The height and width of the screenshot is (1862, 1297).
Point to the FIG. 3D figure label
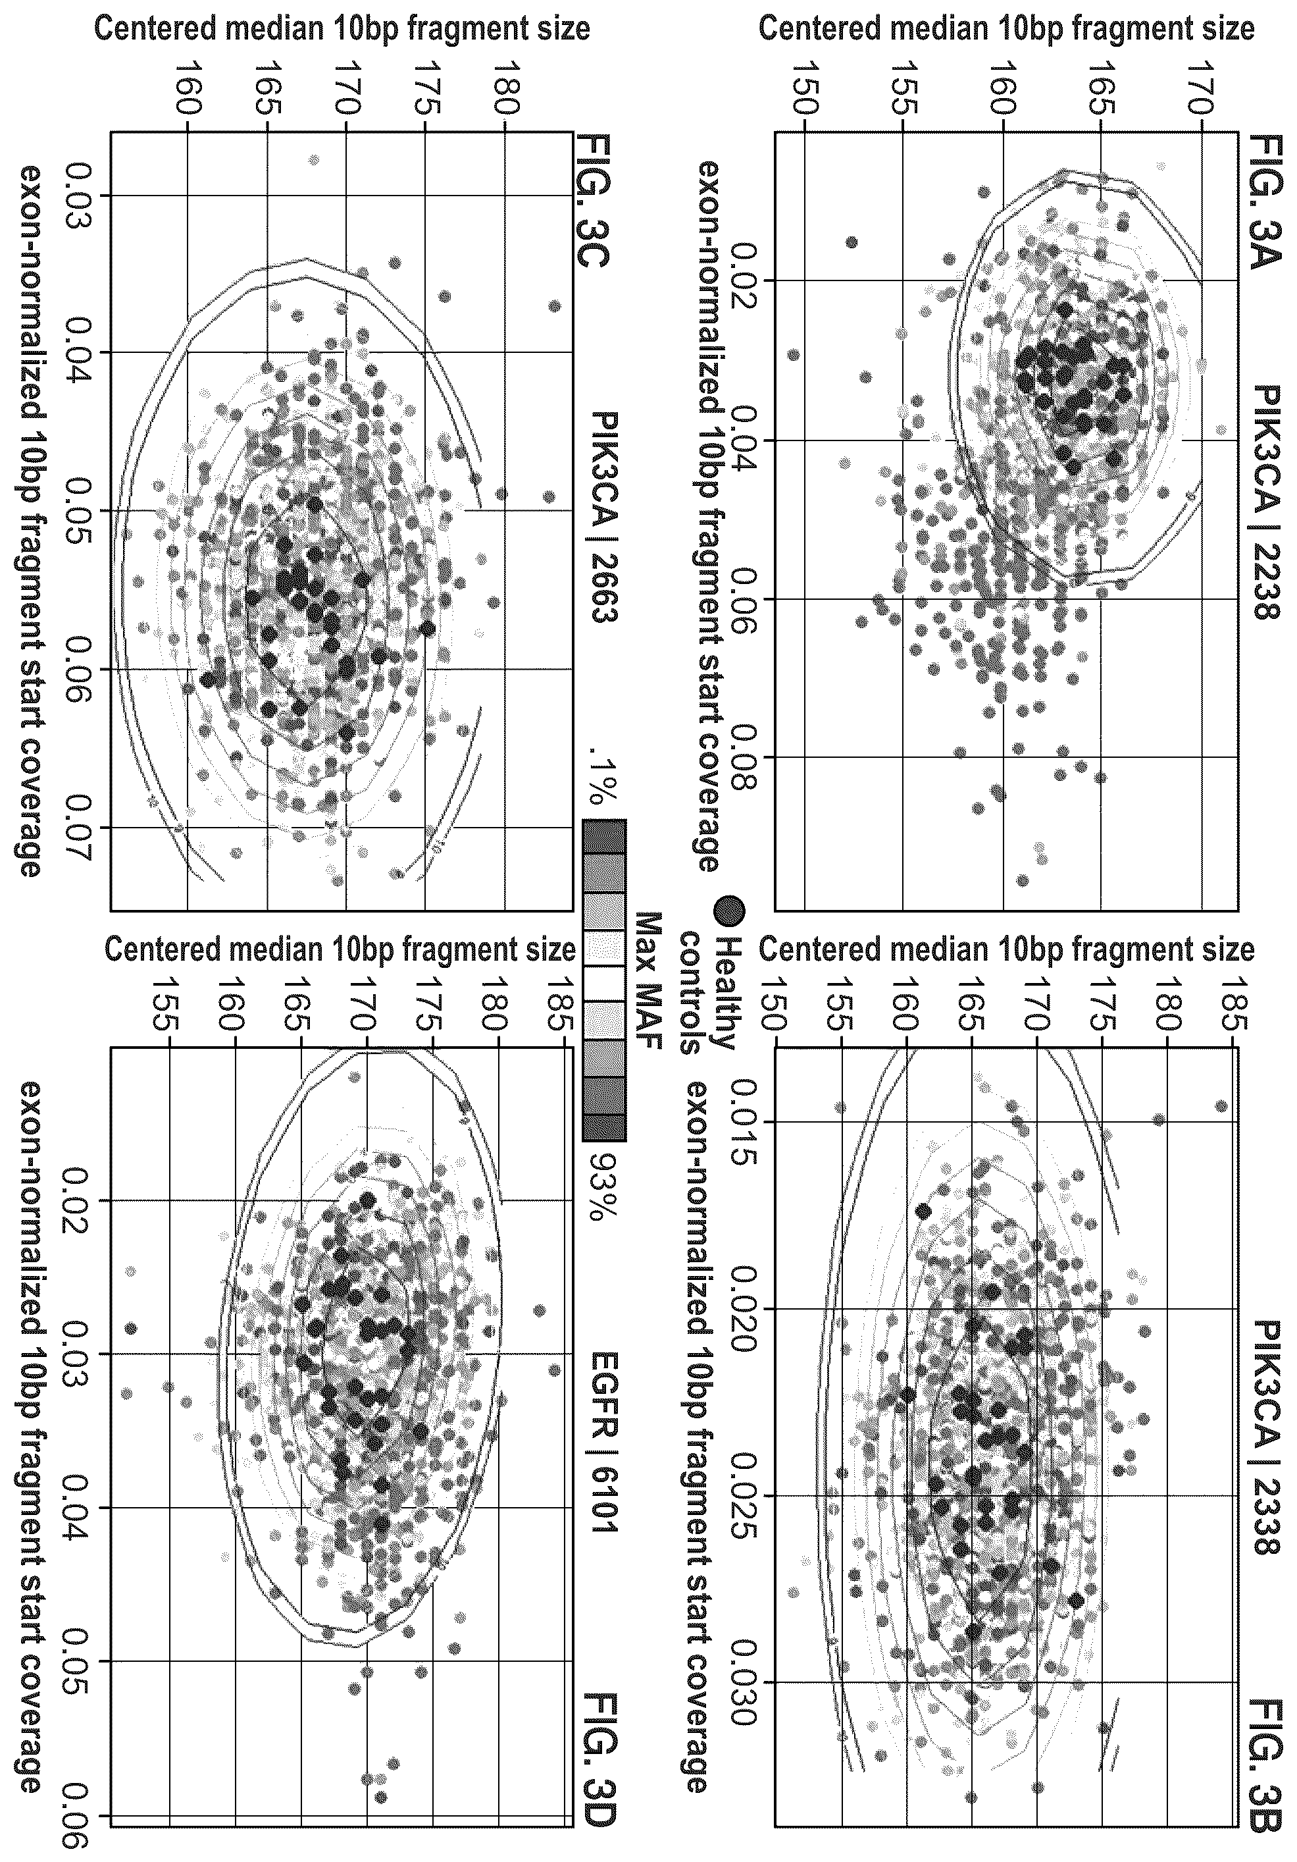pos(592,1784)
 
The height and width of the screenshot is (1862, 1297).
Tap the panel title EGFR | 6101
pos(605,1442)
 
